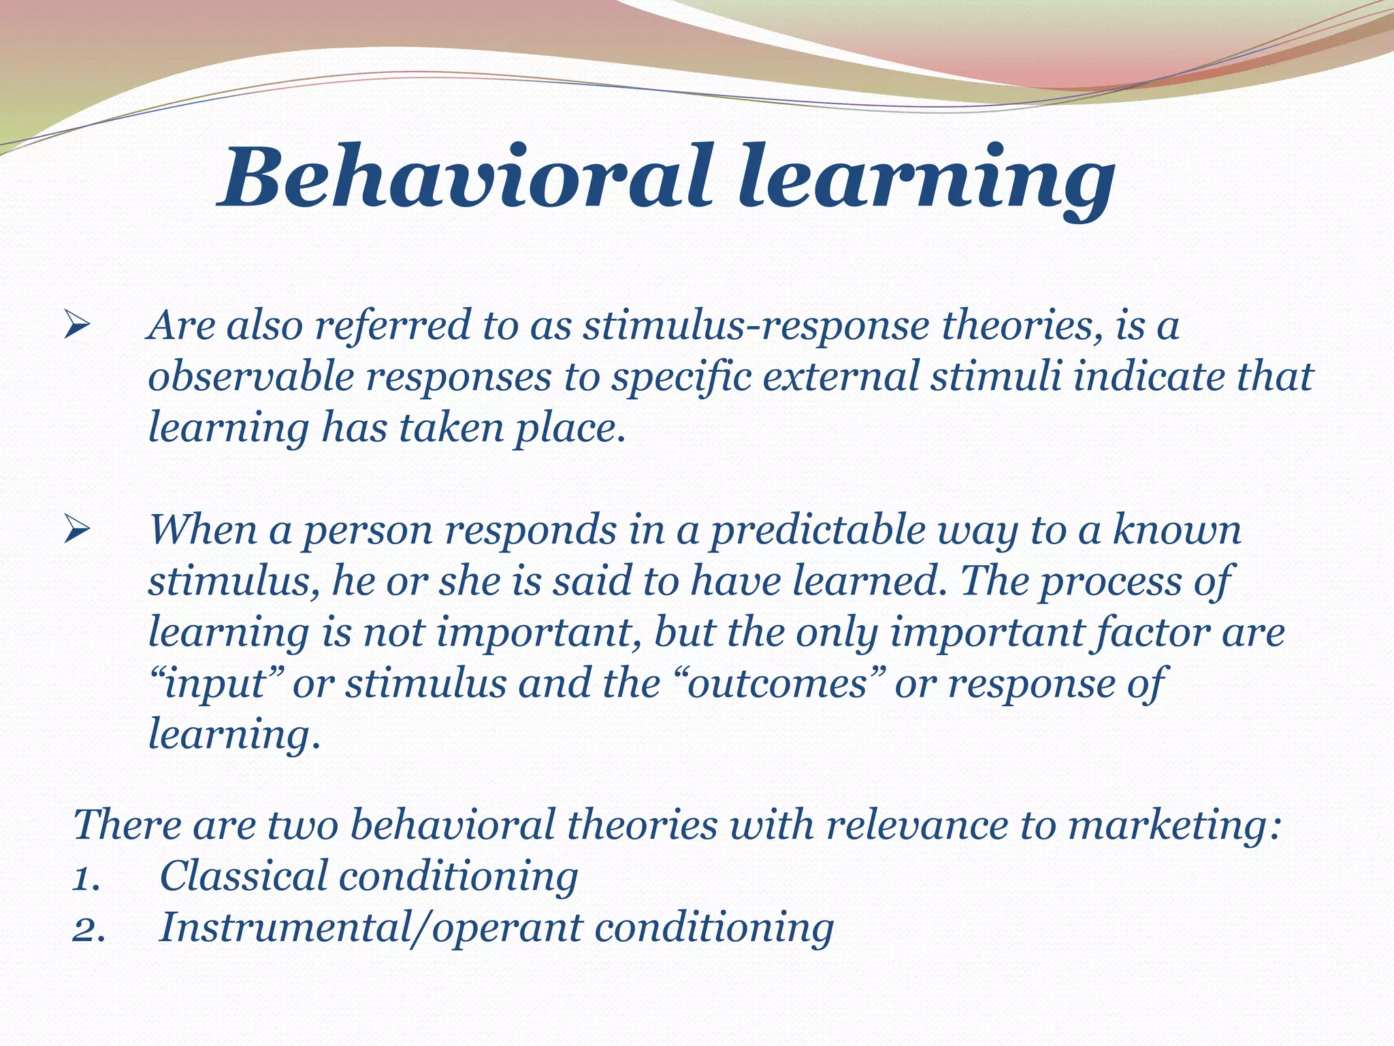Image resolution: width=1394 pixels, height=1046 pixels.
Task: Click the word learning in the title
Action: click(x=926, y=178)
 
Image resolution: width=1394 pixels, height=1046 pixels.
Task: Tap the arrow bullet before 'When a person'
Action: click(x=76, y=530)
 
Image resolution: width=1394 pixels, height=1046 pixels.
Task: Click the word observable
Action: click(x=250, y=377)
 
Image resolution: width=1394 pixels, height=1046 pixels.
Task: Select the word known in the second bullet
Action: click(x=1177, y=530)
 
